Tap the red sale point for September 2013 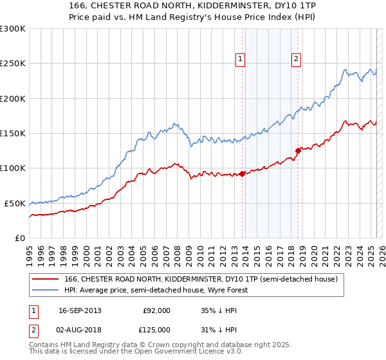point(242,174)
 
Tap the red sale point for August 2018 point(298,150)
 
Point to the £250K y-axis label point(13,64)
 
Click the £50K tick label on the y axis point(15,203)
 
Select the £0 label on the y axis point(20,238)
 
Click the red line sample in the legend point(45,279)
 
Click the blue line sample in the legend point(45,290)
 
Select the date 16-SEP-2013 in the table point(80,310)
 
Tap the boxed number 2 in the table point(32,330)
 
